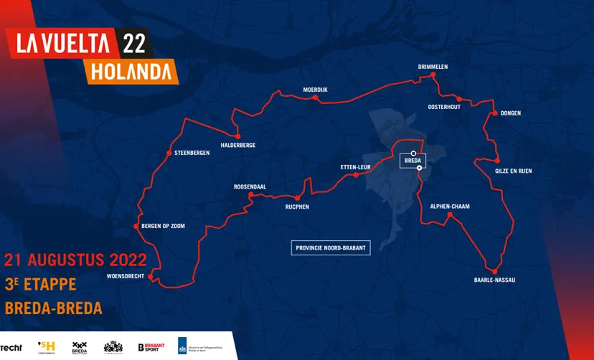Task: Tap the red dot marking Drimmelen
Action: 433,77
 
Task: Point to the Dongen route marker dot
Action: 494,113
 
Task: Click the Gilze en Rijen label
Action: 514,171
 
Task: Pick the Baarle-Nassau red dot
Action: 494,272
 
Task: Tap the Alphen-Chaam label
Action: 449,206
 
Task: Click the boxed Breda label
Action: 412,161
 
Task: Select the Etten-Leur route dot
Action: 356,175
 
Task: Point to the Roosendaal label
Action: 250,186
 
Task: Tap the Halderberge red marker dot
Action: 237,136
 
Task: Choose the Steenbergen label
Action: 192,153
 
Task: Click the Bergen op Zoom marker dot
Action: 136,226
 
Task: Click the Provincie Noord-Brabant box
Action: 331,248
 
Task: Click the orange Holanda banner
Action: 131,72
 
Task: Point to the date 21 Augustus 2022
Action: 76,259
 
